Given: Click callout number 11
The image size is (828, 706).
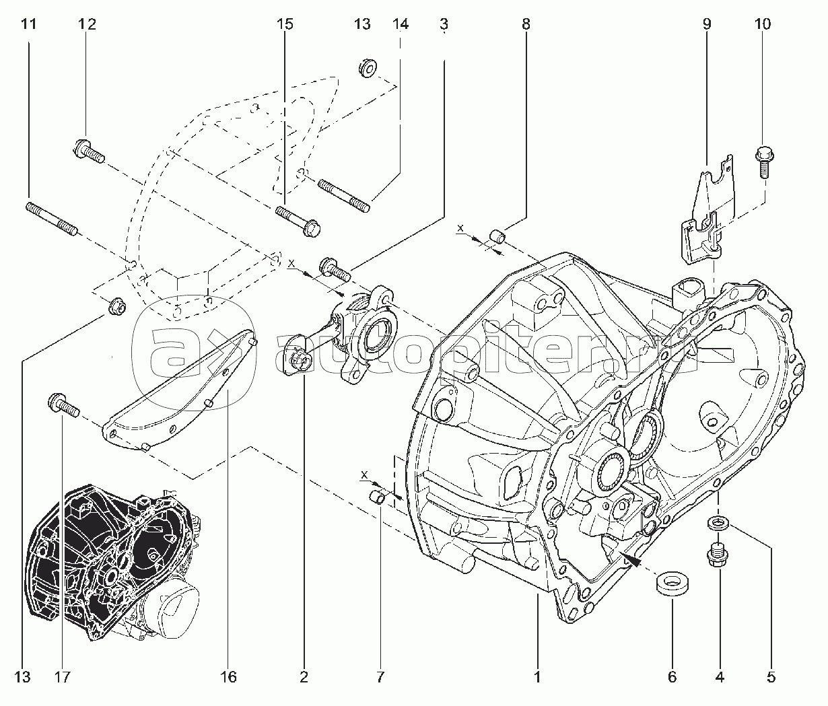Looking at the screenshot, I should click(x=28, y=25).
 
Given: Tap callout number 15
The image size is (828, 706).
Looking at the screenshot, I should click(x=285, y=25).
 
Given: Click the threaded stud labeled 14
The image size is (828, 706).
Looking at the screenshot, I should click(x=343, y=195).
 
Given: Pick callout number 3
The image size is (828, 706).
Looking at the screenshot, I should click(x=444, y=25).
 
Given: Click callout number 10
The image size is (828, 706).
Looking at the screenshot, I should click(x=763, y=25).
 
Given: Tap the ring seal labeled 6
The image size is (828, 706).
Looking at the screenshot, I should click(x=671, y=583).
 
